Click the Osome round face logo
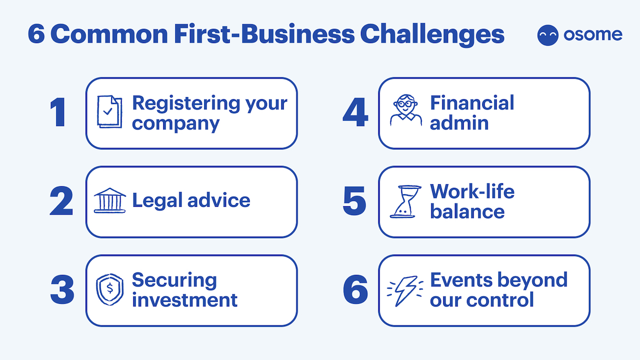tap(548, 35)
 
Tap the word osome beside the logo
tap(593, 35)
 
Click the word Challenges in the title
tap(432, 35)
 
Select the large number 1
tap(58, 112)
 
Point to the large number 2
tap(61, 200)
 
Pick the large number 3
tap(62, 289)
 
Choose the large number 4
tap(355, 112)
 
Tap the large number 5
tap(355, 200)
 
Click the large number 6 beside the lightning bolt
tap(356, 289)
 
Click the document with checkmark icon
tap(110, 112)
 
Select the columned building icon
tap(110, 200)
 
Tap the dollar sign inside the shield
tap(110, 288)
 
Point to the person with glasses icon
tap(406, 110)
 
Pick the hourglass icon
tap(406, 202)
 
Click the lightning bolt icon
tap(405, 291)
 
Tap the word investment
tap(185, 300)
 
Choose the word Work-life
tap(472, 192)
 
